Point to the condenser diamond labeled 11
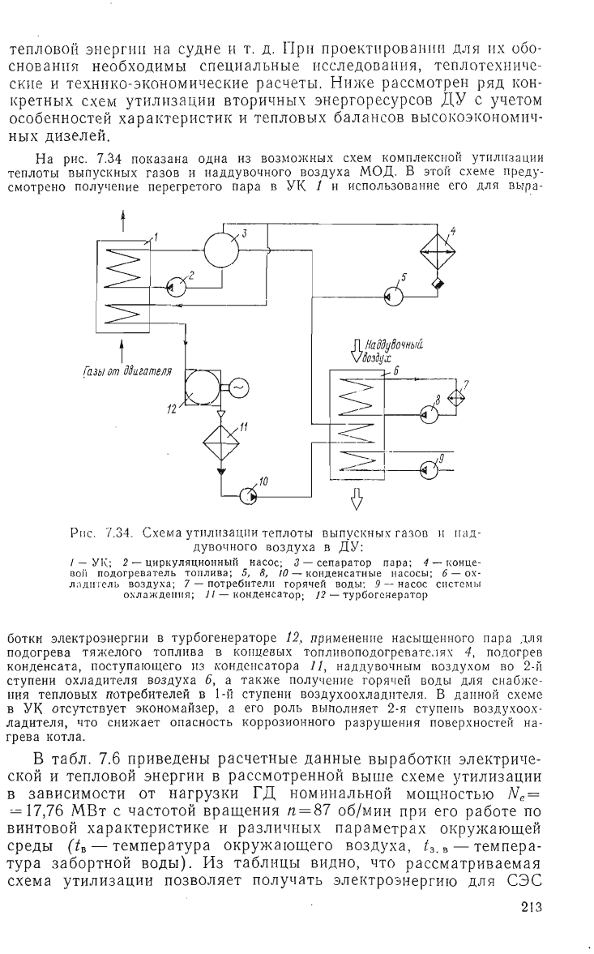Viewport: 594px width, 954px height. pyautogui.click(x=221, y=438)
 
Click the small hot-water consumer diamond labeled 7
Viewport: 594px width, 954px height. pyautogui.click(x=455, y=397)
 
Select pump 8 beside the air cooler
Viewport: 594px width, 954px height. pyautogui.click(x=428, y=413)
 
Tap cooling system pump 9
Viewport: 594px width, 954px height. pyautogui.click(x=428, y=469)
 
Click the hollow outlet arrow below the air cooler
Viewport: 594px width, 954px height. pyautogui.click(x=357, y=498)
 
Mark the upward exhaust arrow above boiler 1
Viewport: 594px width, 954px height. pyautogui.click(x=123, y=220)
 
